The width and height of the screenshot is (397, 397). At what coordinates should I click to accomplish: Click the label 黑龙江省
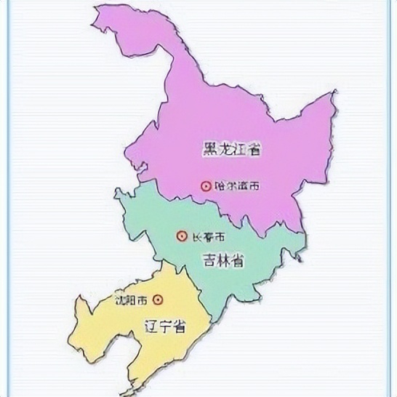tap(232, 151)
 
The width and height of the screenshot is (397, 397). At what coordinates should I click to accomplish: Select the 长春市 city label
tap(208, 237)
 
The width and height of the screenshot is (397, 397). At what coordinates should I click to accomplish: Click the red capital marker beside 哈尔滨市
tap(206, 186)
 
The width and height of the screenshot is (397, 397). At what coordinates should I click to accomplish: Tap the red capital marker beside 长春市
tap(182, 236)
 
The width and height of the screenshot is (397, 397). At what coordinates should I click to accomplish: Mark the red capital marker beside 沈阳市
tap(157, 299)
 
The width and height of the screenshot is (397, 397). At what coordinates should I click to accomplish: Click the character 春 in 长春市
tap(208, 237)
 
